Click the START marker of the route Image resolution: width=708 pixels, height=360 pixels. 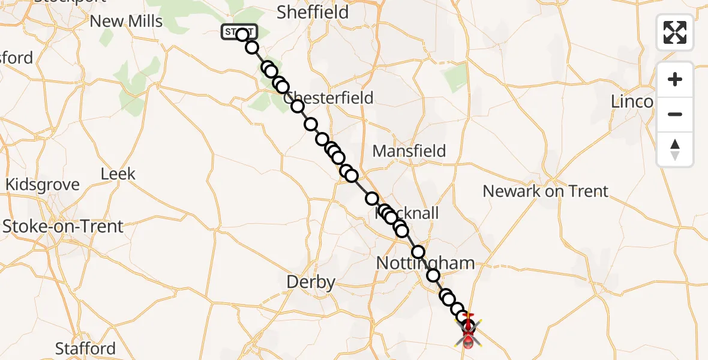click(x=239, y=32)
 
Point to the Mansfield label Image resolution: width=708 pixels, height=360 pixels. click(x=409, y=151)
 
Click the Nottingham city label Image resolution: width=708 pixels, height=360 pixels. click(x=425, y=263)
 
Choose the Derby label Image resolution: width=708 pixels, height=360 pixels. click(x=311, y=282)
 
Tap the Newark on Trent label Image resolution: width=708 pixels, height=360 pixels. click(x=545, y=191)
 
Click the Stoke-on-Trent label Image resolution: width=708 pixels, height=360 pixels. click(x=63, y=226)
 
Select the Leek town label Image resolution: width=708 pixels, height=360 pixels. click(x=118, y=174)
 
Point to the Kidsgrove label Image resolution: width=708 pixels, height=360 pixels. click(x=43, y=184)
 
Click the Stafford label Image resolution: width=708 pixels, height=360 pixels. click(x=85, y=349)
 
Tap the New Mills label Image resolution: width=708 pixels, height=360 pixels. click(x=126, y=22)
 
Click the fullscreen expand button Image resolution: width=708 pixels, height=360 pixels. click(x=675, y=32)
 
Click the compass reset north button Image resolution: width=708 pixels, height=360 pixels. click(x=675, y=149)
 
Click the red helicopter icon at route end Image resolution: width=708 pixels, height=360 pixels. click(x=468, y=334)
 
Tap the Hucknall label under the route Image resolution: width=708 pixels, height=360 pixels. click(x=408, y=213)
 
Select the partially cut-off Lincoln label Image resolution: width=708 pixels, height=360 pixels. click(x=631, y=101)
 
